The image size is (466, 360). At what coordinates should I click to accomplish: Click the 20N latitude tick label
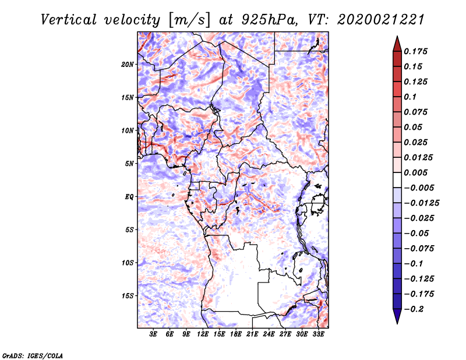pos(128,64)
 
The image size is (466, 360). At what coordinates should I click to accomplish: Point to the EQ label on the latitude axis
pos(130,197)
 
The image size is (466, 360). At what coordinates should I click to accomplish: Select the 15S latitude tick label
pos(128,296)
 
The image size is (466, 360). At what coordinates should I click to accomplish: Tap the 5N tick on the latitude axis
pos(129,164)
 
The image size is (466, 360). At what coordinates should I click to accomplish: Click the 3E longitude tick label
pos(154,335)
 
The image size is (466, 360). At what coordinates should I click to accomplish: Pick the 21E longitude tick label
pos(252,335)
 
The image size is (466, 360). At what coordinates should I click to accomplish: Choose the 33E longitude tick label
pos(318,335)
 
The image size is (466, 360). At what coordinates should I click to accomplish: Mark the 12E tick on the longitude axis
pos(203,335)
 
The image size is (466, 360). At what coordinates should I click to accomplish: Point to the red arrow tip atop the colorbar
pos(396,40)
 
